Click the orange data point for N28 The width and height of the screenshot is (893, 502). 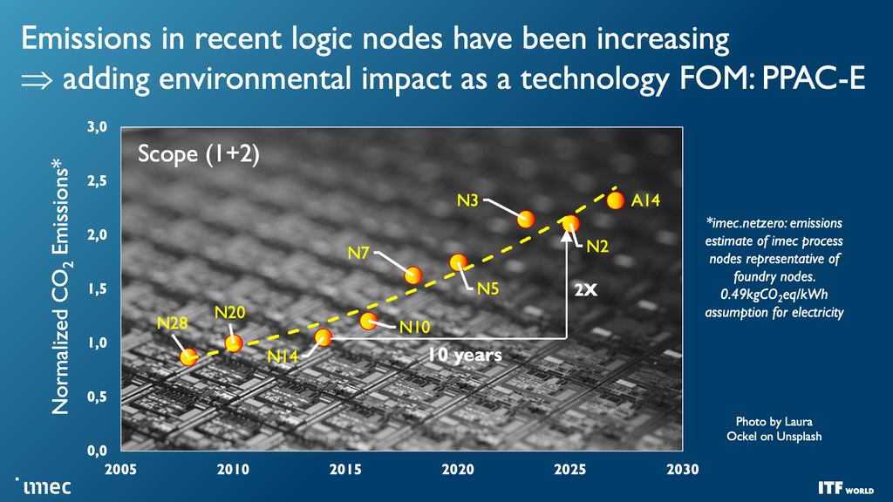click(x=188, y=356)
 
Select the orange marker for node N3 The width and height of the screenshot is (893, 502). click(x=525, y=219)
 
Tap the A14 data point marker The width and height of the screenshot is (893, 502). click(x=616, y=200)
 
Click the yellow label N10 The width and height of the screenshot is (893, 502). click(x=415, y=328)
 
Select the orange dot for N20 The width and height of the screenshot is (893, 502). click(x=234, y=343)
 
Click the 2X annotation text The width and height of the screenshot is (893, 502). click(x=585, y=288)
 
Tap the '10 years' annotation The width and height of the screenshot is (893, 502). click(x=464, y=355)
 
